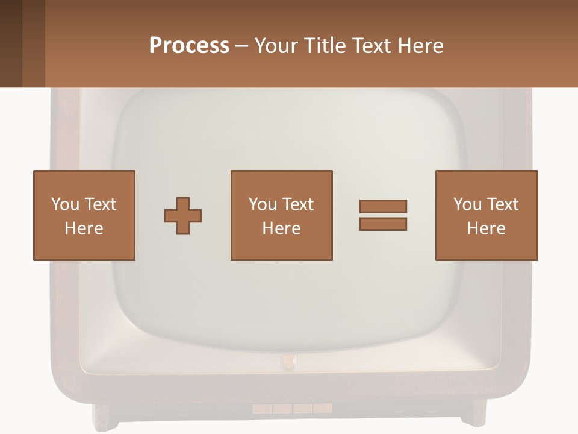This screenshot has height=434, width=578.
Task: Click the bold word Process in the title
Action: click(x=189, y=46)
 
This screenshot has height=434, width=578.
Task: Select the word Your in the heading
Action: click(x=275, y=46)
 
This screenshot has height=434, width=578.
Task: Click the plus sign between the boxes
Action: click(x=183, y=216)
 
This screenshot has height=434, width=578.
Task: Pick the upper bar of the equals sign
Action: click(x=383, y=206)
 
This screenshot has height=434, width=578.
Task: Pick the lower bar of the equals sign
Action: click(x=383, y=224)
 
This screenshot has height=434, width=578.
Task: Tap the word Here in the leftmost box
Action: click(x=84, y=228)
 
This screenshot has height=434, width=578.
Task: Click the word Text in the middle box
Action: click(x=297, y=204)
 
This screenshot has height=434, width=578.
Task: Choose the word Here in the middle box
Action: click(x=282, y=228)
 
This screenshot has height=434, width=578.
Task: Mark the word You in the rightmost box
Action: click(x=467, y=204)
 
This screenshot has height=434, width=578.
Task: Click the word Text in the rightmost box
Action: click(x=502, y=204)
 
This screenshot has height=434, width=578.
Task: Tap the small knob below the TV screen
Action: click(x=288, y=362)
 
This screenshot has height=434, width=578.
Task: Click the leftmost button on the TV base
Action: click(x=261, y=409)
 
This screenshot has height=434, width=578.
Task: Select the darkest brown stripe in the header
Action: click(x=11, y=43)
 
